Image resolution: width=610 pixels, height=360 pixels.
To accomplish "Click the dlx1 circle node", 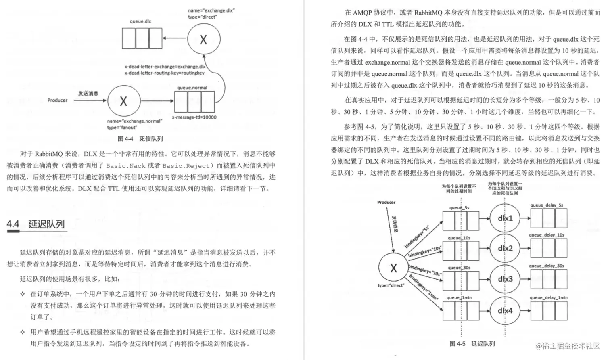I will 505,218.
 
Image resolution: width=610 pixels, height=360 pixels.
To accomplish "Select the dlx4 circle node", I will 505,310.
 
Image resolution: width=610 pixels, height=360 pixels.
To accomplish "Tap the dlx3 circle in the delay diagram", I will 505,279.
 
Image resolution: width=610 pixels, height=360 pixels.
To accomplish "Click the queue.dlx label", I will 140,21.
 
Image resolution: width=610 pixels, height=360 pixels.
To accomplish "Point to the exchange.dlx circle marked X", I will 204,39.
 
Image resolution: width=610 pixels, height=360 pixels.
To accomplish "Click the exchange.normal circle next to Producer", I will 124,101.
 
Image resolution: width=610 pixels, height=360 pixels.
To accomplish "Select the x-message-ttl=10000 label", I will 194,117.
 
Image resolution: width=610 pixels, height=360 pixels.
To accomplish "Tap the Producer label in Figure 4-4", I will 57,100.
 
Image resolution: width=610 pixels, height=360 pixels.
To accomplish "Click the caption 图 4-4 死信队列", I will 140,139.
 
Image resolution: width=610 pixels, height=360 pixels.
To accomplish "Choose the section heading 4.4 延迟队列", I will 36,224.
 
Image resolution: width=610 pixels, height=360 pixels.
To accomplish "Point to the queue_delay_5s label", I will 546,205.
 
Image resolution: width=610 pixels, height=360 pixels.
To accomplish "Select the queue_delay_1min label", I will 548,298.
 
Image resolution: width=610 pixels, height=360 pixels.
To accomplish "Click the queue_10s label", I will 459,238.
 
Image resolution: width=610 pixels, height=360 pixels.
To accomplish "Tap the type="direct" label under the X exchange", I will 391,285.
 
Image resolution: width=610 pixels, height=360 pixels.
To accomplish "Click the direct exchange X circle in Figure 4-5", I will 393,268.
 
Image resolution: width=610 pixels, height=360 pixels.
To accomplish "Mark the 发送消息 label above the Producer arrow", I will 88,93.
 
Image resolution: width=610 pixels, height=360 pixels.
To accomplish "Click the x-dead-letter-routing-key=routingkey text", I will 164,73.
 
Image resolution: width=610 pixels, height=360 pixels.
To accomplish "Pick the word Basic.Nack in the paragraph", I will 125,165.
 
